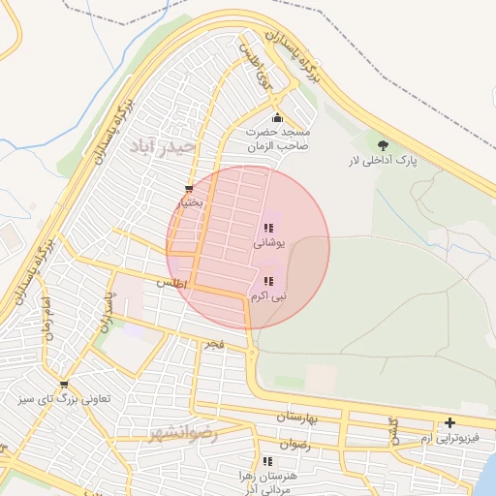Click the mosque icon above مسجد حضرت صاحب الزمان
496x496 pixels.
pyautogui.click(x=276, y=118)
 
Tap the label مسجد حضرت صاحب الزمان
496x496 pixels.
pyautogui.click(x=276, y=139)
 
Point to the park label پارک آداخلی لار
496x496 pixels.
pyautogui.click(x=383, y=161)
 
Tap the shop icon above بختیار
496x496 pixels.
pyautogui.click(x=189, y=189)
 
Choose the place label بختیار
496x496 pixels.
pyautogui.click(x=189, y=203)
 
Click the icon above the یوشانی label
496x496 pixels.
pyautogui.click(x=267, y=229)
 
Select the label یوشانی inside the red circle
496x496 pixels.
pyautogui.click(x=267, y=244)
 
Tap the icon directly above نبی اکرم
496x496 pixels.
pyautogui.click(x=267, y=280)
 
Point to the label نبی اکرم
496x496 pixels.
pyautogui.click(x=267, y=294)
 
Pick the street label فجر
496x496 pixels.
pyautogui.click(x=212, y=344)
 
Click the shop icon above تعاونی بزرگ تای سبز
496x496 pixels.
pyautogui.click(x=64, y=385)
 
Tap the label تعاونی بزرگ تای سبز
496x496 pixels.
pyautogui.click(x=65, y=399)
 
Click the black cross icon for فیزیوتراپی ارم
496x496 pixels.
pyautogui.click(x=449, y=423)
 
